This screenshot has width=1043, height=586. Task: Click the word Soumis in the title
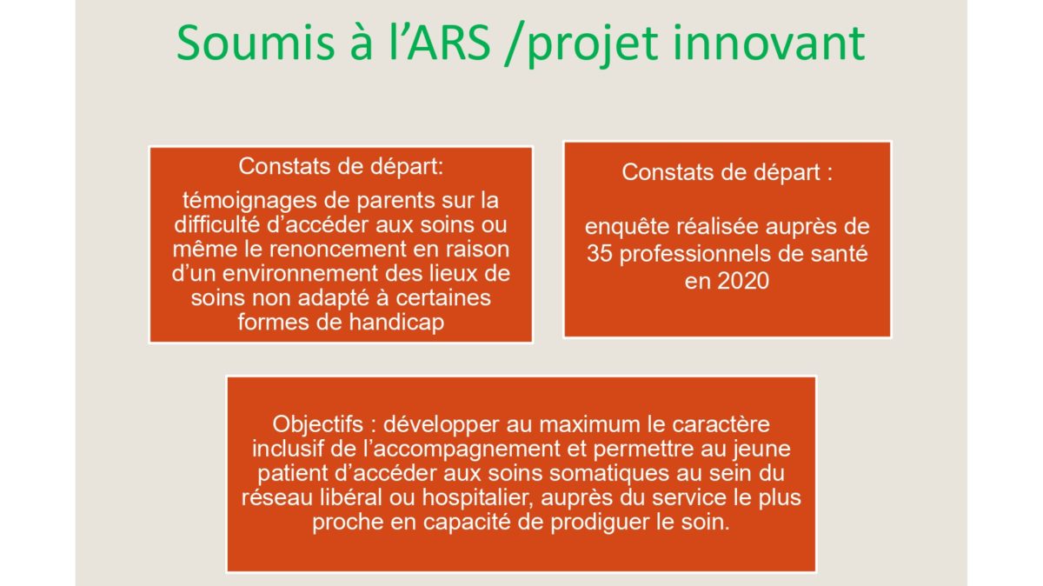pyautogui.click(x=256, y=43)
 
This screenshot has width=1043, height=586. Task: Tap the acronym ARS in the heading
pyautogui.click(x=448, y=43)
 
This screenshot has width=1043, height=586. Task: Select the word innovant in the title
pyautogui.click(x=769, y=43)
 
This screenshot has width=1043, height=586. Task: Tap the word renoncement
pyautogui.click(x=337, y=250)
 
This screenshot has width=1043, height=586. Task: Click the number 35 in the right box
pyautogui.click(x=600, y=254)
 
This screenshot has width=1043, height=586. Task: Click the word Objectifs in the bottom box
pyautogui.click(x=317, y=425)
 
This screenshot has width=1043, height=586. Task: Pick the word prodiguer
pyautogui.click(x=601, y=523)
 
